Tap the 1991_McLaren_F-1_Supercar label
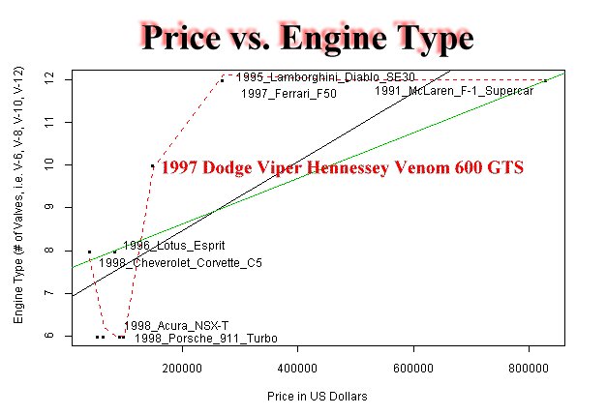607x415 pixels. (454, 91)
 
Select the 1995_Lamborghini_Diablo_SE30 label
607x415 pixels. (312, 76)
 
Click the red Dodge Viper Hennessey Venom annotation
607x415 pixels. (342, 167)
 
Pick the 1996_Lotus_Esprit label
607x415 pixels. (164, 246)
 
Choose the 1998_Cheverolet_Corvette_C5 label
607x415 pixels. (180, 262)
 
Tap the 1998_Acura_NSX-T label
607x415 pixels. (169, 326)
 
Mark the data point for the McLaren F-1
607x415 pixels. (545, 80)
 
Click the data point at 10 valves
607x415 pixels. (152, 165)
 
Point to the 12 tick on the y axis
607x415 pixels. (60, 80)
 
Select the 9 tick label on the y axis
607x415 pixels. (60, 208)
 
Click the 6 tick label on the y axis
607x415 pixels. (60, 336)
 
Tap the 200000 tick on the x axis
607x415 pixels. (181, 367)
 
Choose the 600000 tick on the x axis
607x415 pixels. (413, 367)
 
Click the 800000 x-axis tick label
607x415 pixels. (530, 367)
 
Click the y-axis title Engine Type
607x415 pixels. (18, 208)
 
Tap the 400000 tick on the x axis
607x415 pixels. (297, 367)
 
